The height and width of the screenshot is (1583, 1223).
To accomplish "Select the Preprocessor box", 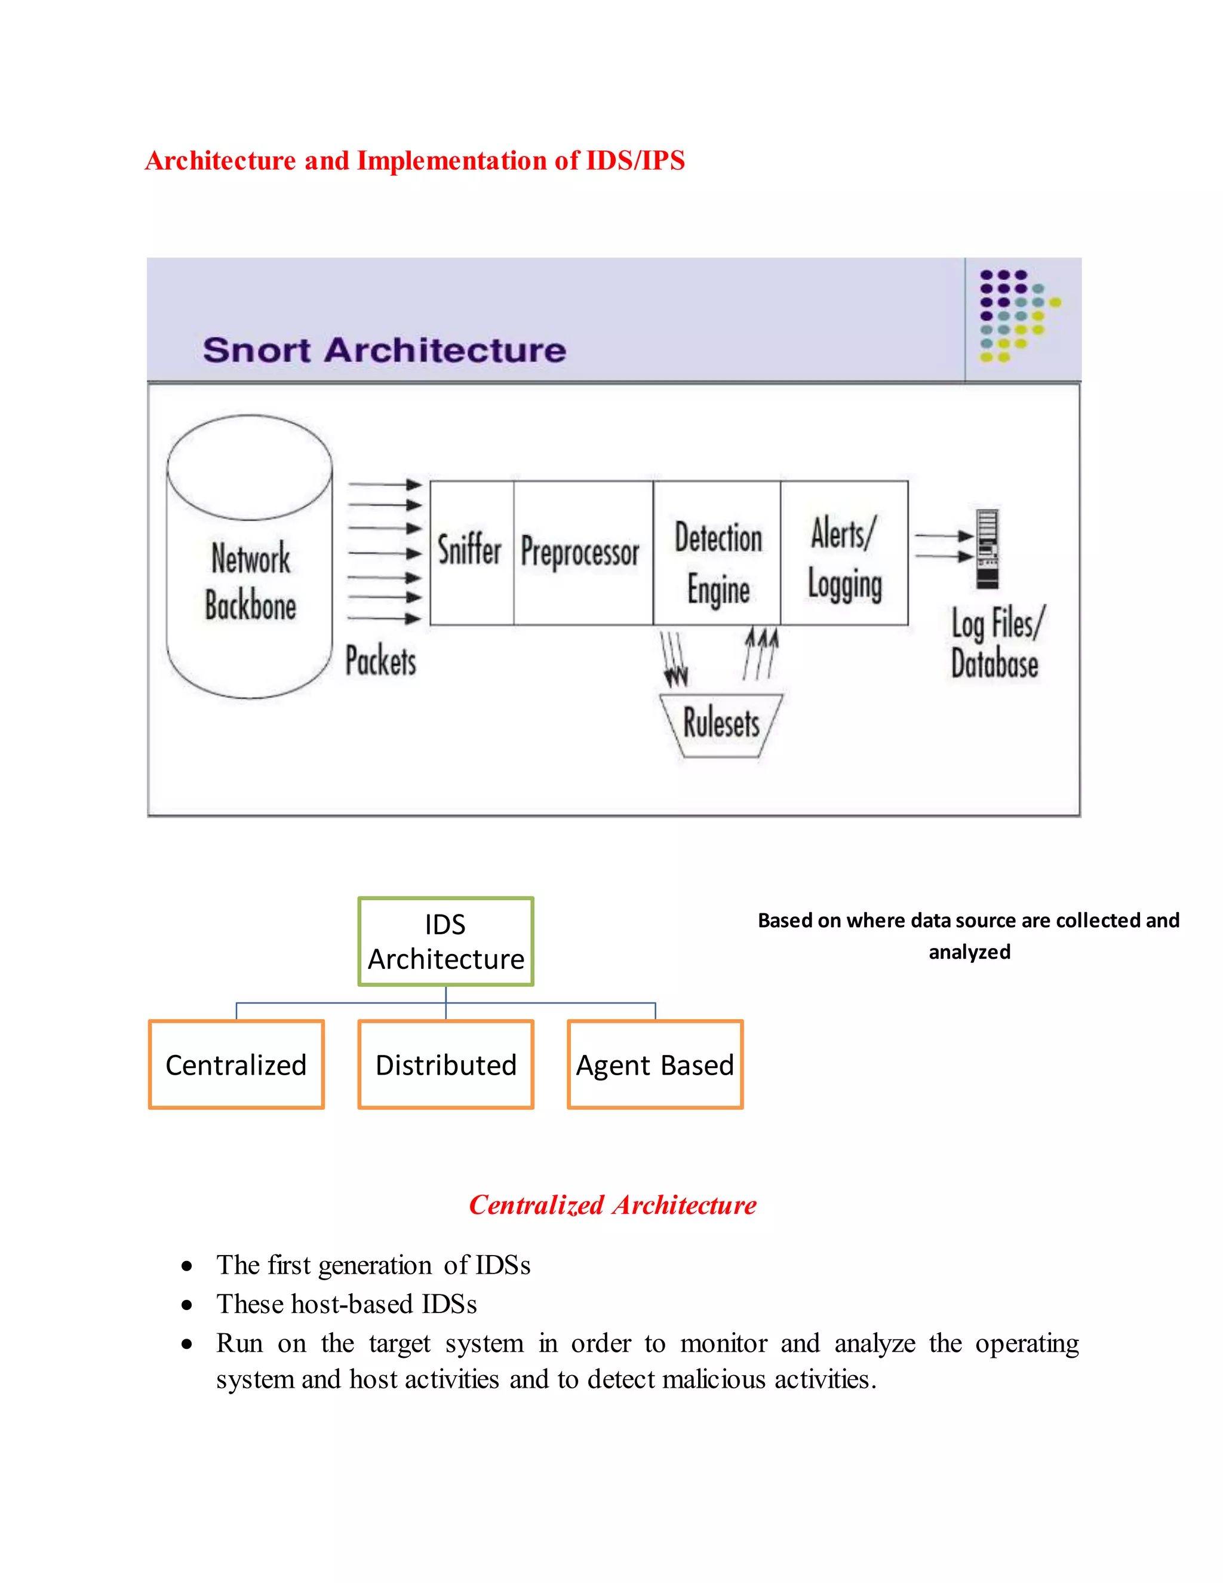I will coord(582,553).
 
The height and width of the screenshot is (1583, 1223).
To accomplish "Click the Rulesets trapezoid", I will coord(721,724).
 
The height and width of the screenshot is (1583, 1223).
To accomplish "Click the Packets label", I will coord(381,661).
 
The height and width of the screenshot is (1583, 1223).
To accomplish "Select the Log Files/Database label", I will coord(997,643).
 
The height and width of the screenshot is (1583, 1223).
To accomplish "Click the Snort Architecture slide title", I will coord(384,350).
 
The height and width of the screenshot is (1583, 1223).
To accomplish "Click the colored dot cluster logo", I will coord(1015,315).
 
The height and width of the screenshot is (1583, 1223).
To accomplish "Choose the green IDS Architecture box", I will coord(445,941).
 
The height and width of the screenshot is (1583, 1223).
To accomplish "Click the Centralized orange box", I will coord(236,1064).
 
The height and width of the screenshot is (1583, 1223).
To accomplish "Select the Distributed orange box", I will coord(445,1064).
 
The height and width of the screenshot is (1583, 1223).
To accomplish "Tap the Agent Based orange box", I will coord(655,1064).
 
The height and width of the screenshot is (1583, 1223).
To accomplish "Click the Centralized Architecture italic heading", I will coord(612,1205).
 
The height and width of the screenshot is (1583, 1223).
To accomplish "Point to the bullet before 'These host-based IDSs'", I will coord(187,1305).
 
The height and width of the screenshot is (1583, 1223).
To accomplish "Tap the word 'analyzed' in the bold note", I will coord(969,952).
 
